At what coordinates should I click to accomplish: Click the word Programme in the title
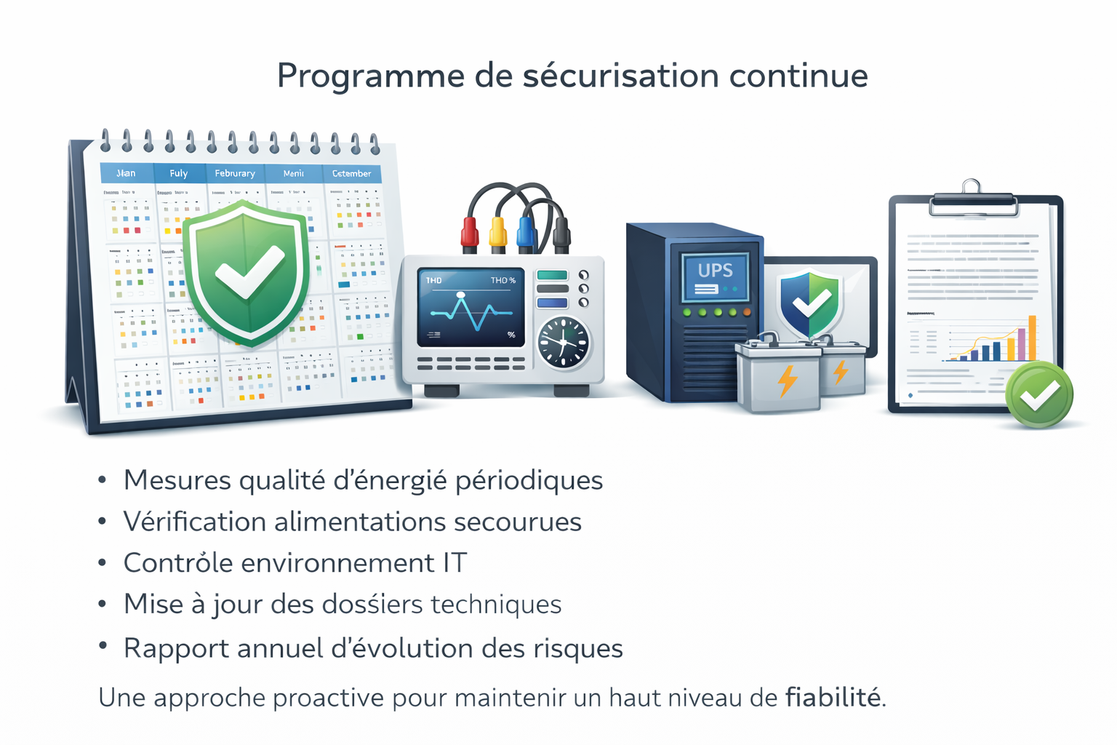coord(371,76)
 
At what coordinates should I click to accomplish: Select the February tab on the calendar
coord(234,173)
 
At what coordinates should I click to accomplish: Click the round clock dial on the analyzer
coord(563,343)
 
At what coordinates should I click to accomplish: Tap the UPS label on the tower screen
coord(715,271)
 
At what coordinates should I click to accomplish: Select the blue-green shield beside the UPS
coord(809,303)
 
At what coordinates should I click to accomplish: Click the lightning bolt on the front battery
coord(787,381)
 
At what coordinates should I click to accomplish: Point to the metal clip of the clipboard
coord(972,199)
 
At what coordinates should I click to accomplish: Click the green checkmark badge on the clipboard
coord(1039,394)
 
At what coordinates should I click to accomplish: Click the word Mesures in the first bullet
coord(177,480)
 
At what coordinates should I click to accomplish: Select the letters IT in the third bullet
coord(455,563)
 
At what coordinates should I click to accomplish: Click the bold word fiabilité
coord(833,698)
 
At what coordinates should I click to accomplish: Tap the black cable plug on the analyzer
coord(561,233)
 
